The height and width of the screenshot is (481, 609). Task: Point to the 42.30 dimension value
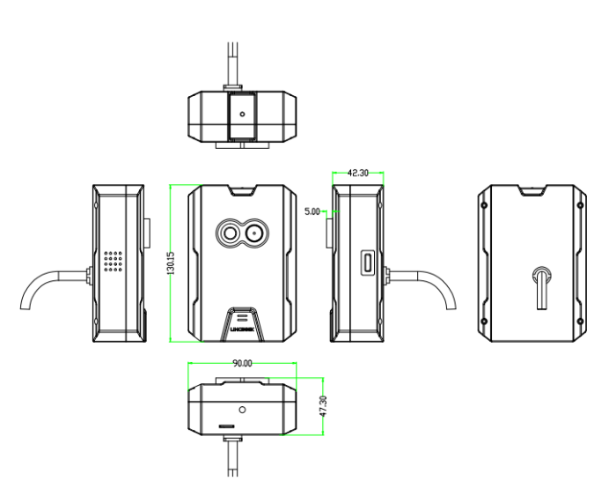click(x=357, y=174)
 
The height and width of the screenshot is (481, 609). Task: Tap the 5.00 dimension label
click(x=312, y=211)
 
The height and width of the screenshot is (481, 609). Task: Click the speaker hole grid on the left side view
click(x=112, y=262)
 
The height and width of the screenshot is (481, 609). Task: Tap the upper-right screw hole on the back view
click(x=580, y=204)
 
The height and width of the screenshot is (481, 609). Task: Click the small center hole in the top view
click(x=242, y=114)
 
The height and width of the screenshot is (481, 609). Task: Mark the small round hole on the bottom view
click(x=242, y=410)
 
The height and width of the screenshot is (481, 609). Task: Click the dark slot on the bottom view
click(x=227, y=425)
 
